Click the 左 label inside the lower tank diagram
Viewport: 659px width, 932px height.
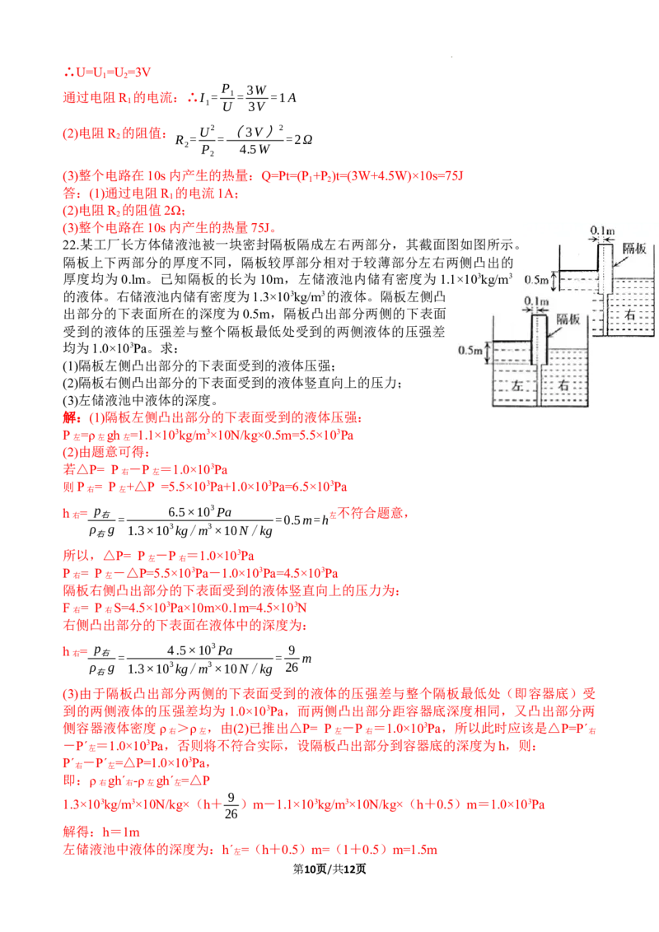[x=516, y=386]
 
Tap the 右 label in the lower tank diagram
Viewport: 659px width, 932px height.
[x=563, y=385]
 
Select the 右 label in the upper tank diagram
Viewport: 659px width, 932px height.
[x=629, y=315]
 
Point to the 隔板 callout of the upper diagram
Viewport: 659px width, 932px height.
[x=634, y=249]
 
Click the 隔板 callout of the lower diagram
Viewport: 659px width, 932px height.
[x=568, y=319]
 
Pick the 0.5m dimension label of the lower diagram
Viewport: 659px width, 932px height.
[x=470, y=350]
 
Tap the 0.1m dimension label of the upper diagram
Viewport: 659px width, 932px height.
[x=602, y=231]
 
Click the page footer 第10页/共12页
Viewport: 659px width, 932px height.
[x=329, y=869]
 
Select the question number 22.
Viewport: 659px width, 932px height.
[x=71, y=245]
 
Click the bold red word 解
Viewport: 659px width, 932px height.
[x=69, y=417]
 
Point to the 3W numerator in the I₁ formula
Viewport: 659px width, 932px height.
[x=256, y=90]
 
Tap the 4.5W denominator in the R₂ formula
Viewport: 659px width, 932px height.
[x=254, y=149]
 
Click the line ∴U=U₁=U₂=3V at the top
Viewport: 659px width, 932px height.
[x=107, y=72]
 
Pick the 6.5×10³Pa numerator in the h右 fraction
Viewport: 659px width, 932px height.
[x=200, y=512]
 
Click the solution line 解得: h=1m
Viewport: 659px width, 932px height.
[x=101, y=832]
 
